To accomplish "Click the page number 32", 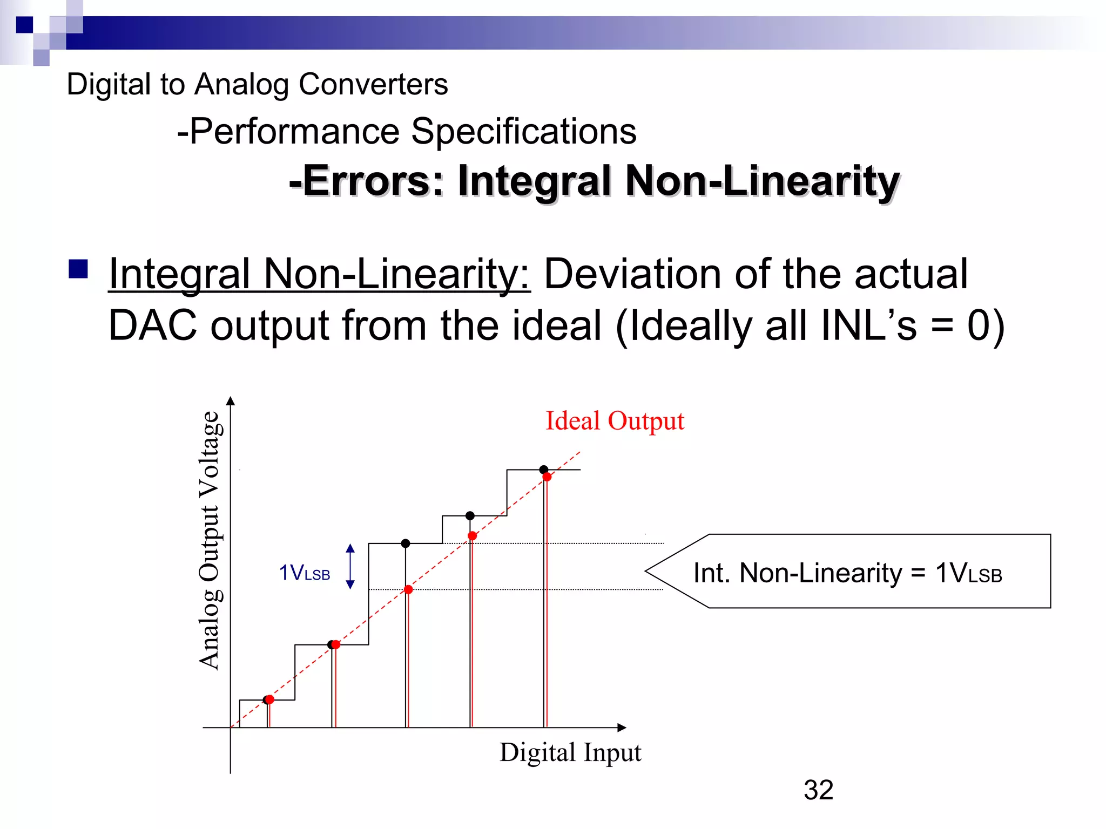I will tap(818, 790).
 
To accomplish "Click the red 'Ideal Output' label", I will tap(615, 421).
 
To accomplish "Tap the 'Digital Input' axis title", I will tap(570, 752).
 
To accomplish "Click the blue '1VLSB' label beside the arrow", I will tap(304, 573).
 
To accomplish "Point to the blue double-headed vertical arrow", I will tap(350, 566).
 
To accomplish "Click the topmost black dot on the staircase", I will tap(544, 470).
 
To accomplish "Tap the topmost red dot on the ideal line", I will tap(547, 477).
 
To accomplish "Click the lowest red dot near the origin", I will tap(270, 699).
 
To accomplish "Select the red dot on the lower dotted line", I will tap(408, 589).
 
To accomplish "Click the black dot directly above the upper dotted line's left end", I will tap(406, 543).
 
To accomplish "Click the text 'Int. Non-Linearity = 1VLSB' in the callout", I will tap(847, 573).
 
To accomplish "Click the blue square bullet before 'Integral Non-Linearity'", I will tap(78, 269).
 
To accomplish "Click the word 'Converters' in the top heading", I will tap(373, 85).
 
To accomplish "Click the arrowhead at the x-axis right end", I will tap(622, 728).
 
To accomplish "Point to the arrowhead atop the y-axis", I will tap(231, 401).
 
